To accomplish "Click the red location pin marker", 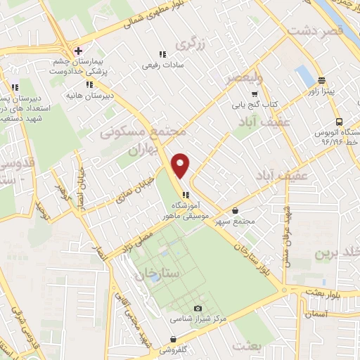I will pyautogui.click(x=181, y=165).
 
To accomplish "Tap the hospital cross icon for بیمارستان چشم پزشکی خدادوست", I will pyautogui.click(x=78, y=51).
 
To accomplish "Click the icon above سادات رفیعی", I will pyautogui.click(x=161, y=54).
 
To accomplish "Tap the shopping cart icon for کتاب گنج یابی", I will pyautogui.click(x=255, y=94).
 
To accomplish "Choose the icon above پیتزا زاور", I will pyautogui.click(x=321, y=80).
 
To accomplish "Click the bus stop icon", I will pyautogui.click(x=339, y=120).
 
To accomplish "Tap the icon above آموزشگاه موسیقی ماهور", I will pyautogui.click(x=185, y=195).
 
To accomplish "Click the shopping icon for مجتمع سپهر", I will pyautogui.click(x=235, y=210).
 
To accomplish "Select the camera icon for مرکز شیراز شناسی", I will pyautogui.click(x=198, y=309).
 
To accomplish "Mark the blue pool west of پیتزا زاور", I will pyautogui.click(x=305, y=76).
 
